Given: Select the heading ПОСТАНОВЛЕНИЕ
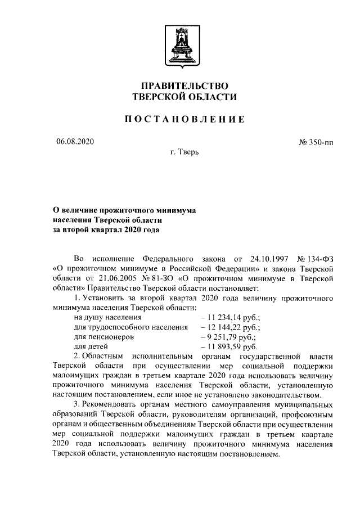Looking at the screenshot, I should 184,119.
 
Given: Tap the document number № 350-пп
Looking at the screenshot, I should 316,142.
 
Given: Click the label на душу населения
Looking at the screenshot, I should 106,318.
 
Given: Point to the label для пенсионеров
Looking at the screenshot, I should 103,337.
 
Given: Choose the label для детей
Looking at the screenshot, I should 91,346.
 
